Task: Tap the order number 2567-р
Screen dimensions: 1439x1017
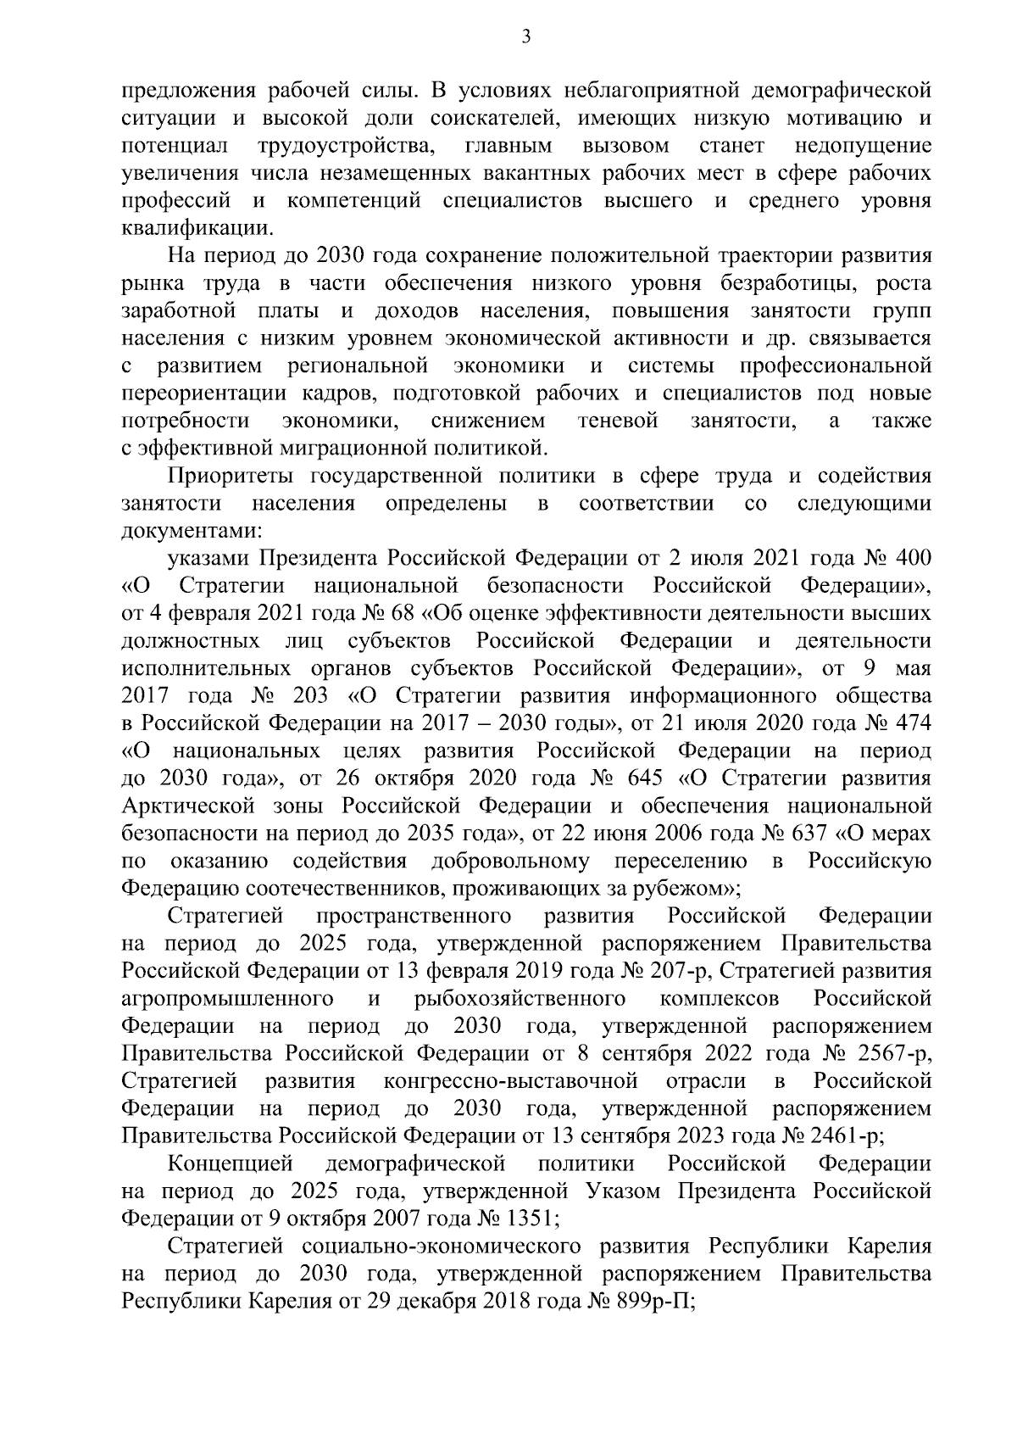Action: tap(894, 1054)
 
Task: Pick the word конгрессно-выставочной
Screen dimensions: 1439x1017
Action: tap(510, 1082)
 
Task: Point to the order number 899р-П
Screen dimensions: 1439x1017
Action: tap(649, 1302)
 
